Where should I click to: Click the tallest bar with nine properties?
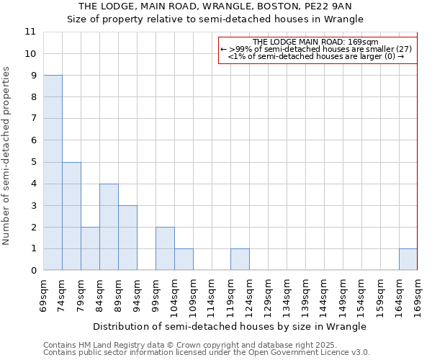(53, 173)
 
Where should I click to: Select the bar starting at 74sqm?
(71, 216)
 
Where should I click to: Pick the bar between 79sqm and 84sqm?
(90, 248)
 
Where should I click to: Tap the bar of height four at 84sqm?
(109, 227)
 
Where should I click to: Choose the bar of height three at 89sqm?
(127, 238)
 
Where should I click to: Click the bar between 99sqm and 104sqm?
(165, 248)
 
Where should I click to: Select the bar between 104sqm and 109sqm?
(184, 259)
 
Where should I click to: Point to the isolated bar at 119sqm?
(240, 259)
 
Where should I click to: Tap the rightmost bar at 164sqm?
(408, 259)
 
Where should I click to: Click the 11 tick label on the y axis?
(30, 32)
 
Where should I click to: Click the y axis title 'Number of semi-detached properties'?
(7, 156)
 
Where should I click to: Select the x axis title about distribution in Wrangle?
(230, 326)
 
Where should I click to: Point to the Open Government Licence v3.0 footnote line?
(207, 353)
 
